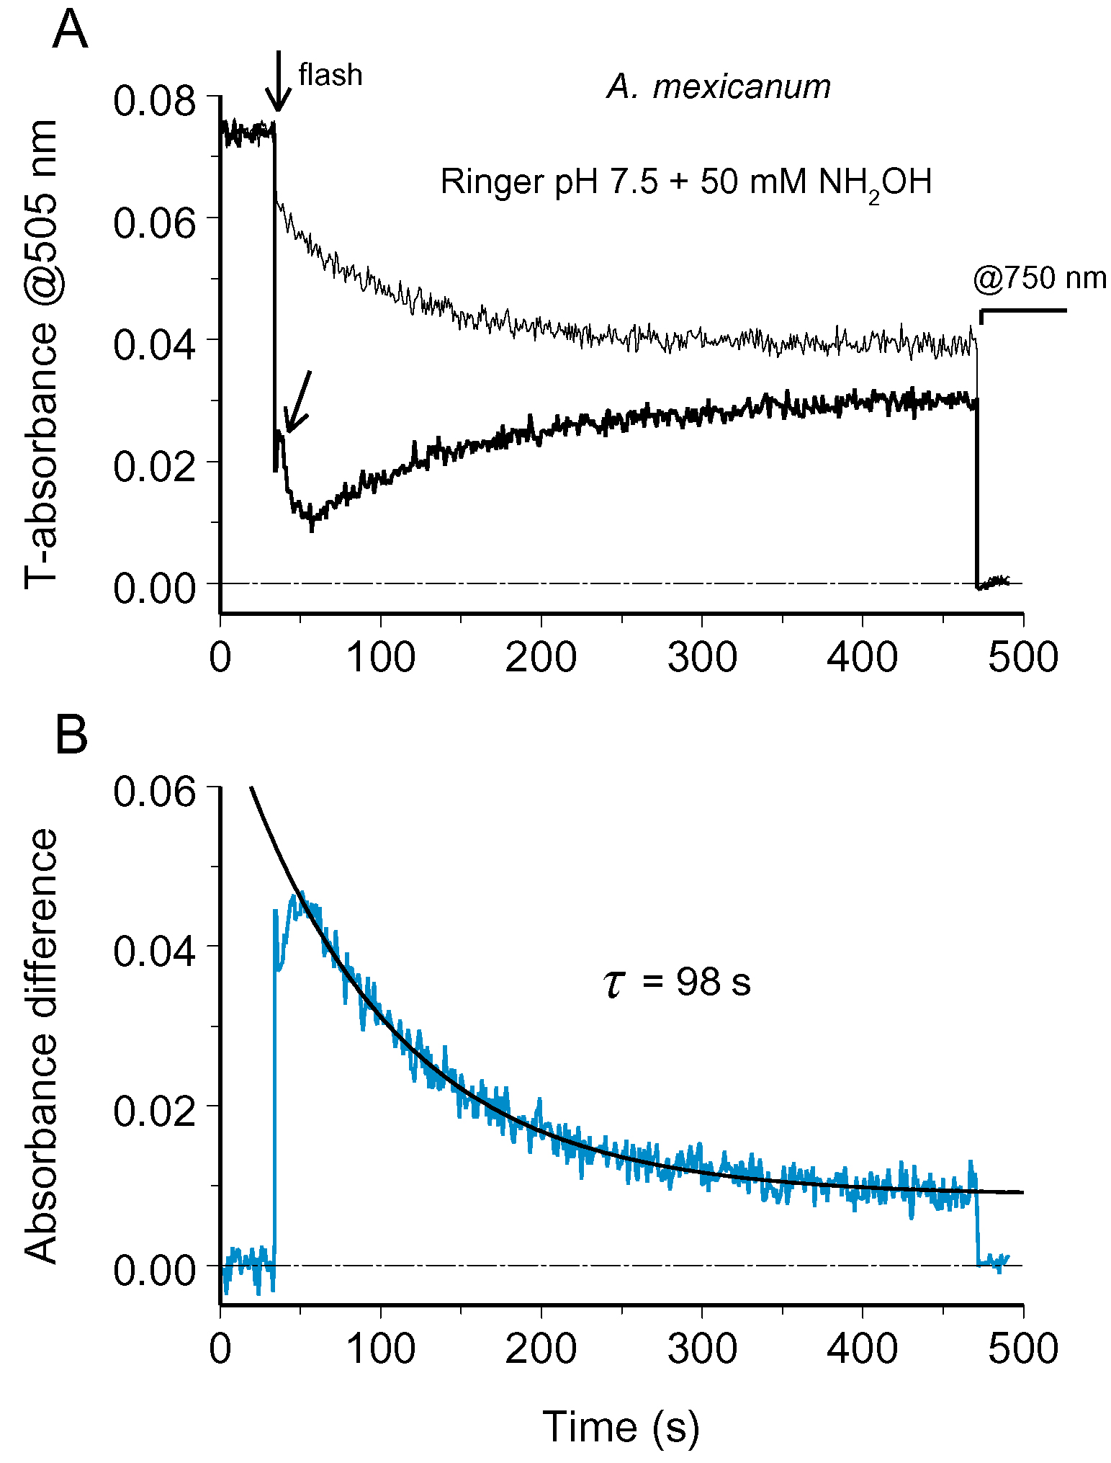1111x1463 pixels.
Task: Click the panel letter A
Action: pyautogui.click(x=70, y=30)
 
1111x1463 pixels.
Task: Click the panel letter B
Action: pyautogui.click(x=71, y=735)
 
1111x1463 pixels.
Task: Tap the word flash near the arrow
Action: pyautogui.click(x=330, y=75)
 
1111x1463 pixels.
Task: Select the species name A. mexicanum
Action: pyautogui.click(x=719, y=87)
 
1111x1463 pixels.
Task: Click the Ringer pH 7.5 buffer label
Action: pyautogui.click(x=685, y=182)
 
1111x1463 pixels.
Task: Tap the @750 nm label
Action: pyautogui.click(x=1039, y=278)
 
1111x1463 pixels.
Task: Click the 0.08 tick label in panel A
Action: pyautogui.click(x=144, y=101)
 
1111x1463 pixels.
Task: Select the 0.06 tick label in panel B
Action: pyautogui.click(x=144, y=792)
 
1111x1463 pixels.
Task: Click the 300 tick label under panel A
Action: pyautogui.click(x=702, y=658)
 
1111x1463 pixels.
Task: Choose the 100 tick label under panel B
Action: pyautogui.click(x=380, y=1348)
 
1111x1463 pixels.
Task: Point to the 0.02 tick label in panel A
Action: pyautogui.click(x=144, y=466)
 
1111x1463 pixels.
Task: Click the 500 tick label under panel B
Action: pyautogui.click(x=1022, y=1348)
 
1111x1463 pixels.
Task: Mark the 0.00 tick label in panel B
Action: pyautogui.click(x=144, y=1271)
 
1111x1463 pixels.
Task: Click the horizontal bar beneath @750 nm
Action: pyautogui.click(x=1022, y=310)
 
